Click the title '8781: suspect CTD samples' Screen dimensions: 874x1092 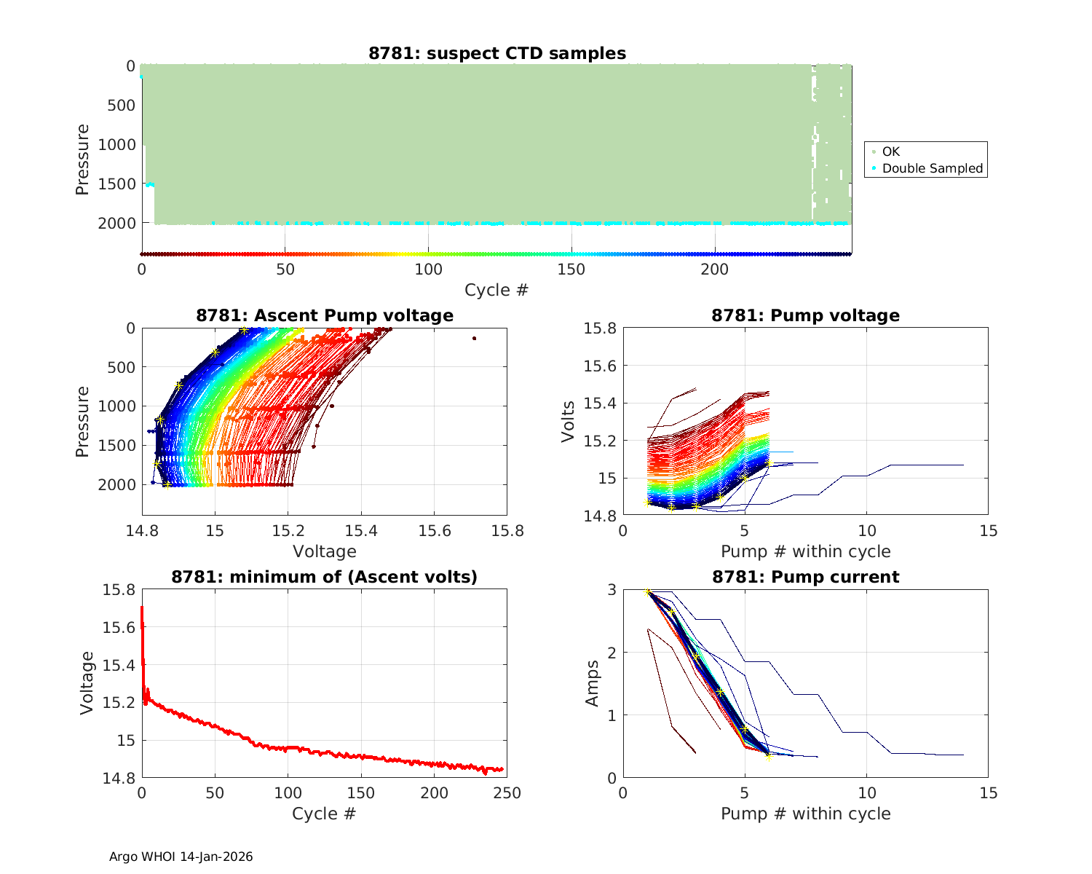(x=496, y=53)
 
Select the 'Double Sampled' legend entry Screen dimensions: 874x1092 (x=932, y=168)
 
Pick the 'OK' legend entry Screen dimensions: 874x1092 (x=890, y=151)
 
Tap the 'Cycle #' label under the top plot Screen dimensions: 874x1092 (x=496, y=290)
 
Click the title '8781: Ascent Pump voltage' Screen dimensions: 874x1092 (x=325, y=315)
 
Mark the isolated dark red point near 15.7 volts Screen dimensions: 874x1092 (x=474, y=338)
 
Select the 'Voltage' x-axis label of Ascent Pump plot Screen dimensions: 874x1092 (x=325, y=551)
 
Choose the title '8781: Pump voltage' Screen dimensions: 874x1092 (x=805, y=315)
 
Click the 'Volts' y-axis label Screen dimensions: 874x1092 (x=568, y=422)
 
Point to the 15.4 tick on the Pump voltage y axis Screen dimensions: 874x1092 (x=601, y=403)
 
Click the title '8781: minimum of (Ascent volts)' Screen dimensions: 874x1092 (x=325, y=577)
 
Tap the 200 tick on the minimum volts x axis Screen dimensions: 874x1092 (x=435, y=792)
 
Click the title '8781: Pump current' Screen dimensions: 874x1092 (x=805, y=577)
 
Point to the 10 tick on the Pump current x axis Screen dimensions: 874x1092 (x=866, y=792)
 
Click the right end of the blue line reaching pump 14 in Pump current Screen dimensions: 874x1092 (x=963, y=755)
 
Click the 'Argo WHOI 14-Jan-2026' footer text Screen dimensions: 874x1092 (x=181, y=857)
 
